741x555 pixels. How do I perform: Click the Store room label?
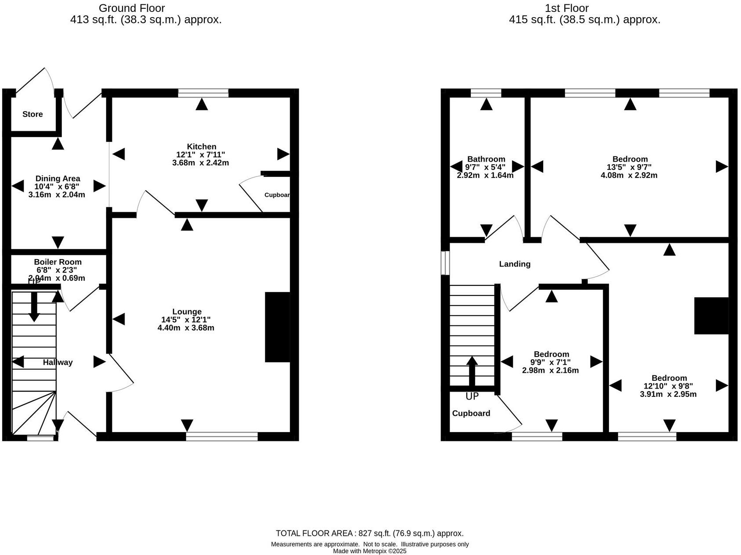(x=32, y=114)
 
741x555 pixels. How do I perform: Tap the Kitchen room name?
(x=201, y=147)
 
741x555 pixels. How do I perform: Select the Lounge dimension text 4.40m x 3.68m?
(x=186, y=328)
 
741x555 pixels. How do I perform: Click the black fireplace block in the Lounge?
(x=277, y=327)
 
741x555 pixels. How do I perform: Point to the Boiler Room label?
(x=57, y=262)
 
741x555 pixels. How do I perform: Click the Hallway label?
(x=57, y=363)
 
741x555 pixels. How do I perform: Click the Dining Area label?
(x=57, y=179)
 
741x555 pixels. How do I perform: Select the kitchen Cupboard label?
(x=277, y=195)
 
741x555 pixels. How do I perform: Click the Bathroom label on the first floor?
(x=486, y=159)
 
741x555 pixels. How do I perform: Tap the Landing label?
(x=515, y=264)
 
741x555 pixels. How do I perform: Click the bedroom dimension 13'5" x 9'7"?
(x=630, y=167)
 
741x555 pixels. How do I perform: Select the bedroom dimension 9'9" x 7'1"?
(x=551, y=363)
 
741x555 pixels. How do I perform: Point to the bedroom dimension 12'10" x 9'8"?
(x=669, y=386)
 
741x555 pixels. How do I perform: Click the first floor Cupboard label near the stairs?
(x=471, y=414)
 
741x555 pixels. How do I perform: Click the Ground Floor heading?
(x=132, y=8)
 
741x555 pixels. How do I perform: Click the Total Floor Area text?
(x=369, y=533)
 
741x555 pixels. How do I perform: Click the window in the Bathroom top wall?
(x=486, y=93)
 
